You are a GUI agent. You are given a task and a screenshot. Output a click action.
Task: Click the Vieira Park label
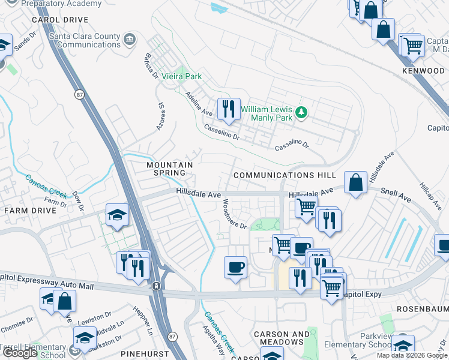pos(182,77)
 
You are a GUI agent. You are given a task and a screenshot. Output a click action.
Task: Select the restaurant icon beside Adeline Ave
pos(228,109)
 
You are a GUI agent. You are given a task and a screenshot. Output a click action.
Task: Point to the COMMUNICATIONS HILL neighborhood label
pos(285,175)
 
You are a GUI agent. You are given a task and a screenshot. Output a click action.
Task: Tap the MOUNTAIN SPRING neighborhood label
pos(170,169)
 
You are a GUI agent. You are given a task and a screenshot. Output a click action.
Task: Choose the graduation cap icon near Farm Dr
pos(117,215)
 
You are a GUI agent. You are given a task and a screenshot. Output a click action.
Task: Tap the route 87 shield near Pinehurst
pos(172,336)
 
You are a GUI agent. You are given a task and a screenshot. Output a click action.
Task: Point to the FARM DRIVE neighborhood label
pos(27,211)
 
